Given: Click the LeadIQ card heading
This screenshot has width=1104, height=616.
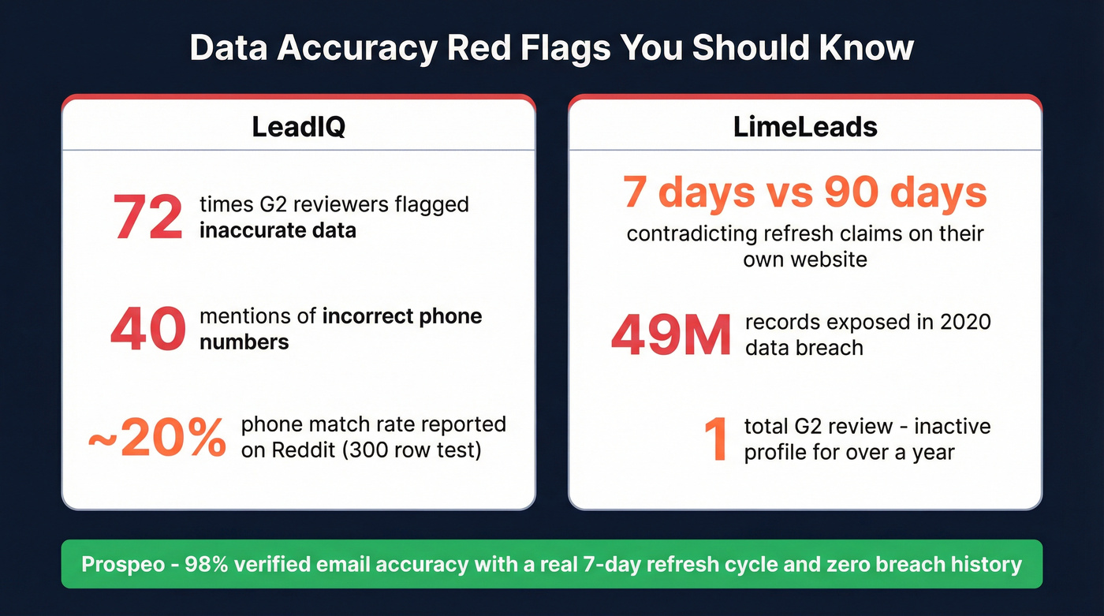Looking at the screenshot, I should point(298,127).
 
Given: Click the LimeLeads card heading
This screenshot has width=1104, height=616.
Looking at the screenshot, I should point(805,127).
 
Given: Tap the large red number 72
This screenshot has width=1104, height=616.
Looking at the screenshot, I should point(148,217).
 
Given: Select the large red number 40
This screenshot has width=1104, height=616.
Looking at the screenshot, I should point(147,329).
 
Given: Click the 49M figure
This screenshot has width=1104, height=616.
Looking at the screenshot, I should point(671,334).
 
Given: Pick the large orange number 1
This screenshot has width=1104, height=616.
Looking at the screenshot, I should point(716,439).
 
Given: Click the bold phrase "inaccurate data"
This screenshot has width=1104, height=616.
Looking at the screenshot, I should point(278,230).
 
